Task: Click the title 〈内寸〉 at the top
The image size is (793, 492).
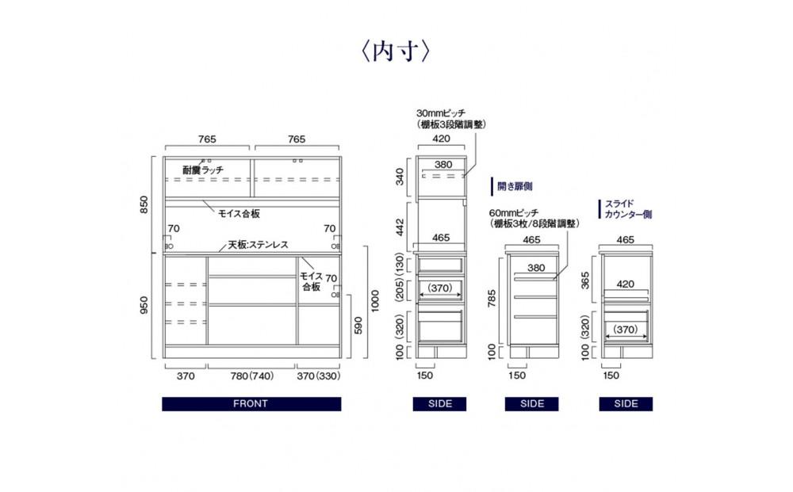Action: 396,51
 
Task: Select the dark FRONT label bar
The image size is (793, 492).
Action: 251,403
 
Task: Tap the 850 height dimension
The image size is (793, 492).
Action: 144,204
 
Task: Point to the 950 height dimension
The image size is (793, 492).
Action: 144,305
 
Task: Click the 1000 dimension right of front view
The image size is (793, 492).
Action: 375,301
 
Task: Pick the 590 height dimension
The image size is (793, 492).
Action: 358,326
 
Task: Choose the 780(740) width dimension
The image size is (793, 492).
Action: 252,376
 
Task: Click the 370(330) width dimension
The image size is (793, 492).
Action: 319,376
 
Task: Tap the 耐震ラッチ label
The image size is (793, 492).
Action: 203,170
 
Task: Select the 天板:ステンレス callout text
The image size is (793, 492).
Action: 258,245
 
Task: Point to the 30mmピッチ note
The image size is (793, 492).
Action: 451,119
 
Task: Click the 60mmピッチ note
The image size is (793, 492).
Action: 534,218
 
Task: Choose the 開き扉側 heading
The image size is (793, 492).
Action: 515,186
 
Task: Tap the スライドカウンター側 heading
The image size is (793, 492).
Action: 628,209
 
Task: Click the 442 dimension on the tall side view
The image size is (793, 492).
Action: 400,227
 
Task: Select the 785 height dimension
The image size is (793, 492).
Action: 492,298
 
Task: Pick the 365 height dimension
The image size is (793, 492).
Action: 585,280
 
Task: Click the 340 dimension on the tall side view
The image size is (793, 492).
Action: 400,177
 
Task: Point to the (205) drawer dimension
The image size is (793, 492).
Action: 400,291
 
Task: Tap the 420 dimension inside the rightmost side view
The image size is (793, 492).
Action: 625,284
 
